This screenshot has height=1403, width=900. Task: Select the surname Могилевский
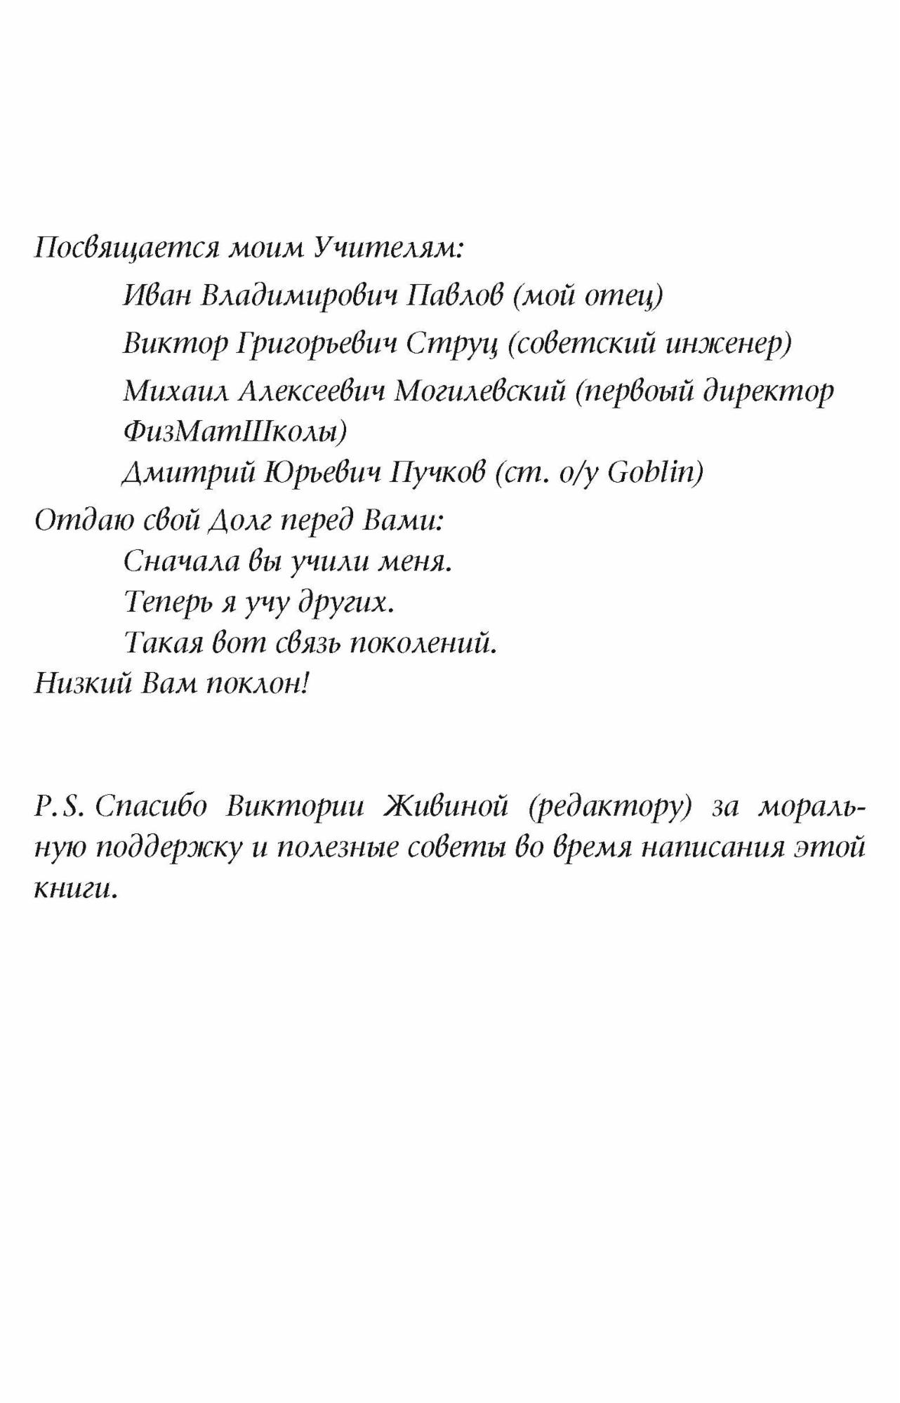click(x=479, y=391)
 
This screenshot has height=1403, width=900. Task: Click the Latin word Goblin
click(x=654, y=473)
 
